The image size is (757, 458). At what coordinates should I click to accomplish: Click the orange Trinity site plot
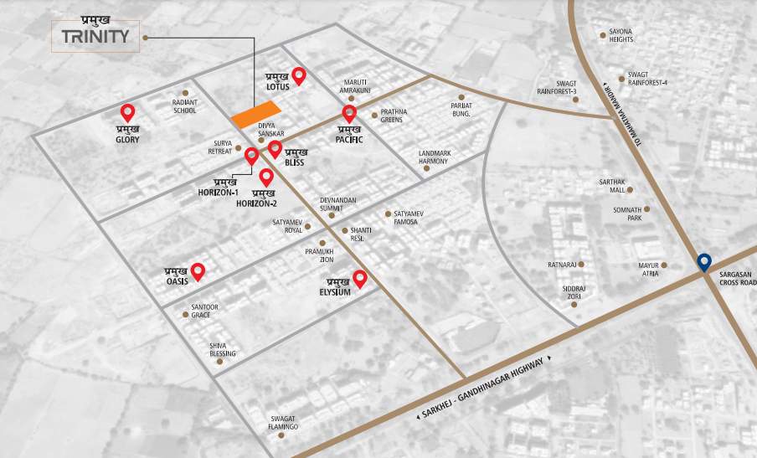pyautogui.click(x=255, y=114)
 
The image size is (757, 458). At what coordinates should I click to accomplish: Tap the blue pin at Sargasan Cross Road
pyautogui.click(x=704, y=262)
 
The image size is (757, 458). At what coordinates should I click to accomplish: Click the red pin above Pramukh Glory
pyautogui.click(x=128, y=112)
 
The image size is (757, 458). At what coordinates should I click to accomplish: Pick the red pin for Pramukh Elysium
pyautogui.click(x=360, y=279)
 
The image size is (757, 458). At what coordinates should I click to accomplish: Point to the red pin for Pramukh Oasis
pyautogui.click(x=198, y=270)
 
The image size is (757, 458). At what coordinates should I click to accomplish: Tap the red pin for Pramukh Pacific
pyautogui.click(x=349, y=114)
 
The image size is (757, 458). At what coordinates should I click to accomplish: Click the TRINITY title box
pyautogui.click(x=95, y=36)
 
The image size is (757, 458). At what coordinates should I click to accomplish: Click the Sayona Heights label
pyautogui.click(x=621, y=35)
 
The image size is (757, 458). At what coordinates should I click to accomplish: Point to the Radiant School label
pyautogui.click(x=185, y=106)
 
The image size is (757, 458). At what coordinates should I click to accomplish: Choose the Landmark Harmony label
pyautogui.click(x=435, y=157)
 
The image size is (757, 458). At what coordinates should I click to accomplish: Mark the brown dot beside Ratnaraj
pyautogui.click(x=581, y=264)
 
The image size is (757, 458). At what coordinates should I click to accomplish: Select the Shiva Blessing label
pyautogui.click(x=223, y=349)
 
